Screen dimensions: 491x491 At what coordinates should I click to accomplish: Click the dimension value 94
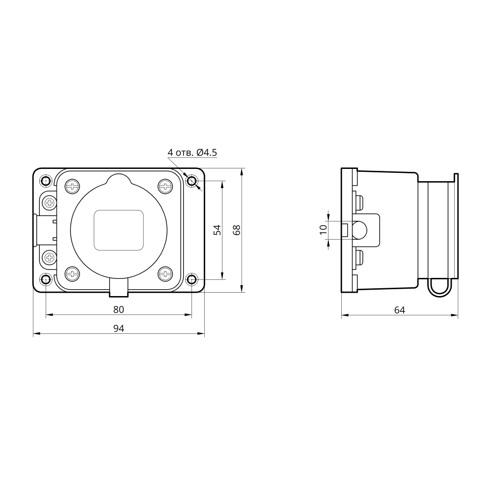pyautogui.click(x=119, y=328)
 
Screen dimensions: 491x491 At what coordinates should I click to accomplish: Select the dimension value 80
pyautogui.click(x=119, y=310)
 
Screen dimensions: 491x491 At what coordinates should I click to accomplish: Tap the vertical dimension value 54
pyautogui.click(x=218, y=230)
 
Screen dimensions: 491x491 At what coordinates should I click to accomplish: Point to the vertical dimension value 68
pyautogui.click(x=237, y=230)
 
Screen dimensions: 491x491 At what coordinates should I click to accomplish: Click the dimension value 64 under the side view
pyautogui.click(x=400, y=310)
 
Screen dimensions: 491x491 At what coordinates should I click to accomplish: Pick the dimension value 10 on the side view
pyautogui.click(x=323, y=230)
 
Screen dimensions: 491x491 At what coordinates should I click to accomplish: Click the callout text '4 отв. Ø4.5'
pyautogui.click(x=192, y=153)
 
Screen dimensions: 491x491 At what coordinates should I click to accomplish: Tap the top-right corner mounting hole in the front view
pyautogui.click(x=191, y=181)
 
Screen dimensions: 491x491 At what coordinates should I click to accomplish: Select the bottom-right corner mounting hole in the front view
pyautogui.click(x=191, y=279)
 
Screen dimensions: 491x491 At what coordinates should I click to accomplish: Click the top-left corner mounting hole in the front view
pyautogui.click(x=46, y=181)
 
